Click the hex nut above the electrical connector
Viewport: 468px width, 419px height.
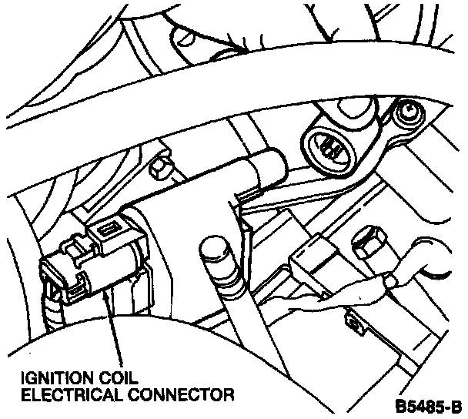[160, 166]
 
